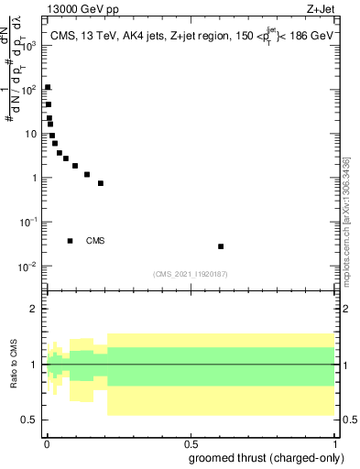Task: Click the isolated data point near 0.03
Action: (x=221, y=246)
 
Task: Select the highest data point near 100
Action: (x=48, y=88)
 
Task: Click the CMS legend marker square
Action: (x=70, y=241)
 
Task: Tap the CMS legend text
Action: (x=95, y=241)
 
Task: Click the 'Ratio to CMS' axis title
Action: (x=14, y=365)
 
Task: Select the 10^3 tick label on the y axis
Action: (x=29, y=46)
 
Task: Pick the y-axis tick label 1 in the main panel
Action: (x=34, y=178)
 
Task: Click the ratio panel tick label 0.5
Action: (x=30, y=420)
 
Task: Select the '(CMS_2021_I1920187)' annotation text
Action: (x=190, y=273)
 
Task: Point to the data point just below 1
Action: (x=101, y=183)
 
